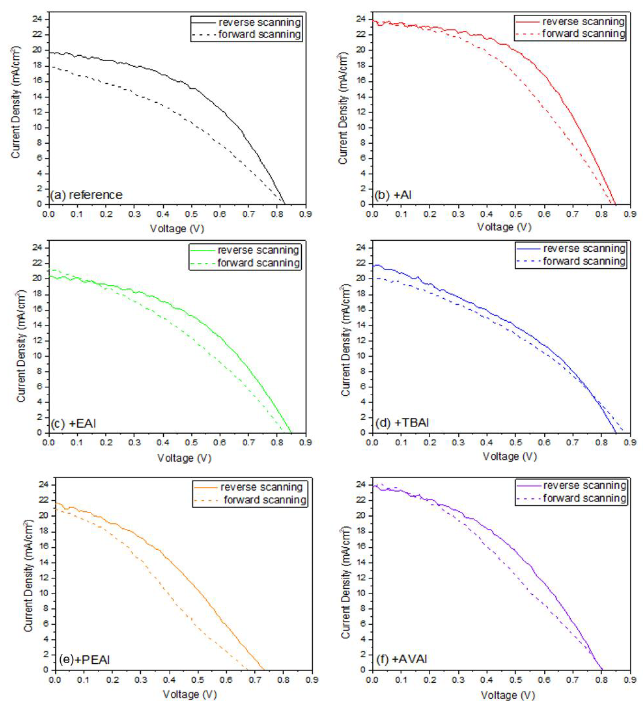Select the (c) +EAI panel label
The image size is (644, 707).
[73, 424]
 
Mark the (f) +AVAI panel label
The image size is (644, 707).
[401, 659]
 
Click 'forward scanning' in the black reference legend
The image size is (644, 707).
[259, 34]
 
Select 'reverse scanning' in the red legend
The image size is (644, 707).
[583, 22]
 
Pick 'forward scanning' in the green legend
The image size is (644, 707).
[259, 263]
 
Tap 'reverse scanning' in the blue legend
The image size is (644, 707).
[584, 248]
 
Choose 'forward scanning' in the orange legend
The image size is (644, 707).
[265, 500]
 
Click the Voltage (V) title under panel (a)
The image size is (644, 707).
[177, 229]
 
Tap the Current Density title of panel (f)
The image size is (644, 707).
[345, 582]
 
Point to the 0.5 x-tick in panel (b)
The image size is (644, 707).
[515, 214]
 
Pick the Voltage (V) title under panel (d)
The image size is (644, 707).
[510, 456]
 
